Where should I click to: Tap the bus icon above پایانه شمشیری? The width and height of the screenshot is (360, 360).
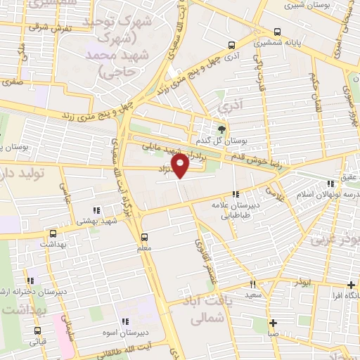coord(278,32)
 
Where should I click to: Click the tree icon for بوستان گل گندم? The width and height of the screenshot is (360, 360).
coord(222,129)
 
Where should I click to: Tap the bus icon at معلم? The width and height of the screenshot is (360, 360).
coord(144,237)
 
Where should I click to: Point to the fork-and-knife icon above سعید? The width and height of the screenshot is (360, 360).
coord(252,285)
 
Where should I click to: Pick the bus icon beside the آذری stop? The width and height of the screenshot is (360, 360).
coord(231,44)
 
